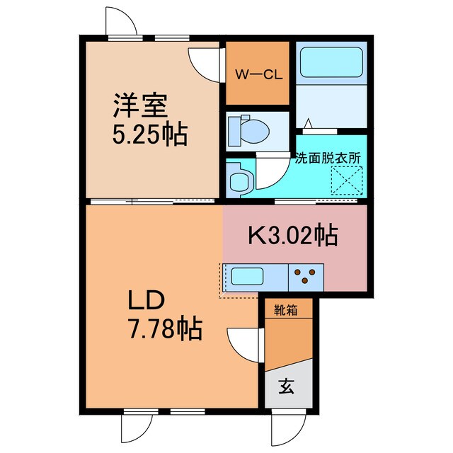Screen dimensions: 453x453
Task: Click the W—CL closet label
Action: coord(258,75)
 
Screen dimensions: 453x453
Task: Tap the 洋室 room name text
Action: coord(140,105)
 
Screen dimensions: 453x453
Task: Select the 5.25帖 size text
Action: coord(150,134)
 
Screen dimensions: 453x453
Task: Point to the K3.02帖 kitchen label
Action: coord(293,235)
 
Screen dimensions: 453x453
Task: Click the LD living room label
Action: coord(147,300)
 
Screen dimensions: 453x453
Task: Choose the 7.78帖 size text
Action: coord(165,328)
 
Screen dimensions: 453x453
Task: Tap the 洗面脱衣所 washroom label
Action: coord(328,159)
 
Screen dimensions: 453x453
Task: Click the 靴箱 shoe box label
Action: coord(285,311)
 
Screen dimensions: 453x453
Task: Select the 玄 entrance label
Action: coord(287,386)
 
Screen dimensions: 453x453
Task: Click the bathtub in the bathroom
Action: coord(331,62)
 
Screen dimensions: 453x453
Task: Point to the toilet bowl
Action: coord(248,131)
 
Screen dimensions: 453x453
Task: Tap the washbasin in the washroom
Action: coord(239,180)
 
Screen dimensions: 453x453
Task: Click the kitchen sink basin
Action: coord(247,276)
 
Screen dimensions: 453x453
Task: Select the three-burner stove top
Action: coord(306,277)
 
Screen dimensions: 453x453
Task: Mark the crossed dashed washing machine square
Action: coord(347,181)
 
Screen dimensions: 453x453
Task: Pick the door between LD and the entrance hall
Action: coord(245,345)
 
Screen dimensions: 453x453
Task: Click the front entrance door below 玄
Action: coord(288,430)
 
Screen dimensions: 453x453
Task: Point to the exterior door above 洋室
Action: coord(121,22)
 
